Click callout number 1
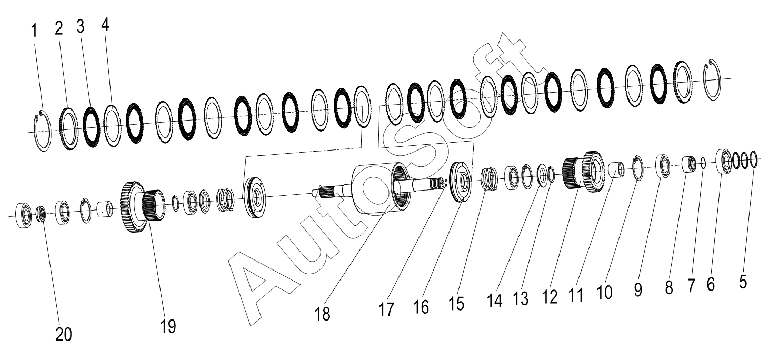click(x=34, y=31)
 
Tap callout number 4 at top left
click(x=105, y=25)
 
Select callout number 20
click(x=64, y=335)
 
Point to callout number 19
click(x=168, y=326)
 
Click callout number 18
click(x=322, y=314)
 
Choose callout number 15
click(x=456, y=303)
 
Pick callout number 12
click(x=550, y=297)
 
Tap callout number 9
click(x=638, y=290)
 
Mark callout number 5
click(x=743, y=283)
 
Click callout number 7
click(x=692, y=286)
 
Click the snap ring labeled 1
click(x=43, y=131)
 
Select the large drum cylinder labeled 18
click(x=381, y=188)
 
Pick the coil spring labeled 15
click(x=489, y=178)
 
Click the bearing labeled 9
click(x=663, y=166)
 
